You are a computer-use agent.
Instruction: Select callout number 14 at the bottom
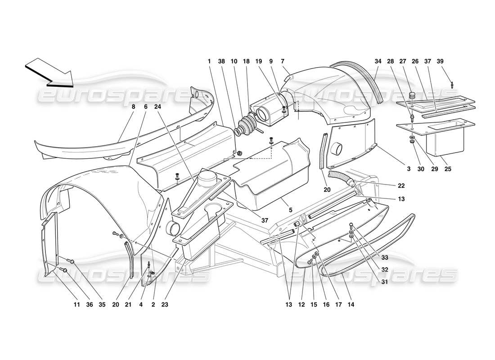coord(351,305)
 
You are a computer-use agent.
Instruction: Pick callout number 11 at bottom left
coord(77,305)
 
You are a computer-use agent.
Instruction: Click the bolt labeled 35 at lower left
coord(71,261)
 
